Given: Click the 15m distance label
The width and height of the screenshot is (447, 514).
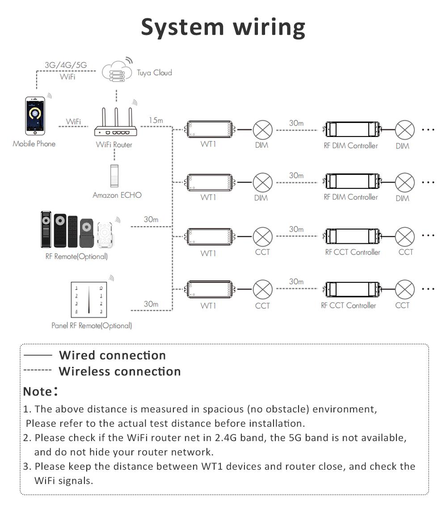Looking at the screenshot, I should [x=156, y=120].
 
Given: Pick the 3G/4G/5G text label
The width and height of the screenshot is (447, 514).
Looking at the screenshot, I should [x=66, y=65].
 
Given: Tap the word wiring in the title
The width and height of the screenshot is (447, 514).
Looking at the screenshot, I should [x=269, y=28].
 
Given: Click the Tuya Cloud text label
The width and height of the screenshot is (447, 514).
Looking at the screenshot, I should [x=154, y=72].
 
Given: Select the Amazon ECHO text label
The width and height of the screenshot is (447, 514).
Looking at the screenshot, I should [x=117, y=195].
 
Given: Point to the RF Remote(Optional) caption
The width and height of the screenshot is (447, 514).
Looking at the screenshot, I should [x=76, y=257].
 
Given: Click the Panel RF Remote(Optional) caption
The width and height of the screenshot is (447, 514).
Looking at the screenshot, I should [x=92, y=326].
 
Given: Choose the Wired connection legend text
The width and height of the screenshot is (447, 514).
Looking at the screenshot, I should [x=112, y=355].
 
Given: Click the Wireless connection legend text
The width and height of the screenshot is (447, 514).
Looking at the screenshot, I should [x=120, y=371].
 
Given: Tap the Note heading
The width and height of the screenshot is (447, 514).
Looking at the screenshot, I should [x=38, y=391].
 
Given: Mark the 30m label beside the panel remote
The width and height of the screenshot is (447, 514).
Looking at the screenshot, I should [x=151, y=304].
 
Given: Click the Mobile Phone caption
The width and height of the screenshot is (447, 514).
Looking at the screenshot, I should [x=34, y=144].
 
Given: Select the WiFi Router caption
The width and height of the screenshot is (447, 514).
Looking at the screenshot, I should [x=114, y=145].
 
